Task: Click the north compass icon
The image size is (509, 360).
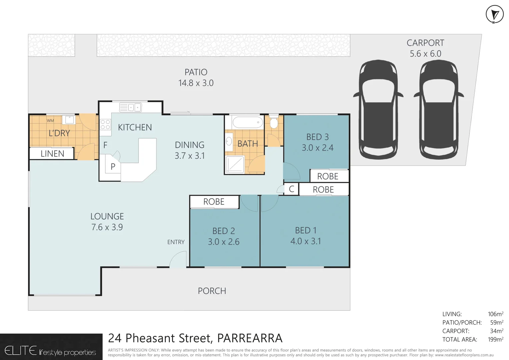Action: [x=494, y=15]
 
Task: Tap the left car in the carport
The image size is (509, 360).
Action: [x=378, y=110]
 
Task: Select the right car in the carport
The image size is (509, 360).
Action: [x=438, y=110]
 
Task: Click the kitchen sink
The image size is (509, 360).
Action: [x=131, y=107]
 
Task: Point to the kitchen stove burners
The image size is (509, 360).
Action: [x=105, y=125]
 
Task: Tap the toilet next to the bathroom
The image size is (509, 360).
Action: [x=274, y=122]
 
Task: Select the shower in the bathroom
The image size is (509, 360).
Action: [x=235, y=164]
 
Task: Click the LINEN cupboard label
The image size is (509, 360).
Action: [x=52, y=154]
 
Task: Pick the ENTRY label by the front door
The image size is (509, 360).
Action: [x=176, y=242]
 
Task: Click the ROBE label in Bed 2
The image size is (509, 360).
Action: [x=214, y=202]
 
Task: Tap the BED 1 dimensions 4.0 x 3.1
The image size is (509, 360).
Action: [x=305, y=241]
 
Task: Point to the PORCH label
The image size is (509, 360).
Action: [x=212, y=291]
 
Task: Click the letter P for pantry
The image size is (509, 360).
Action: [x=113, y=167]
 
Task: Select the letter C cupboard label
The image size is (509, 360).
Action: [x=291, y=189]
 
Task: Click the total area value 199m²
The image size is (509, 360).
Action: [x=495, y=339]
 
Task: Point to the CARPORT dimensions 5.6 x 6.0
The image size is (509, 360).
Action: [x=425, y=54]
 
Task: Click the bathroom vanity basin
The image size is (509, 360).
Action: [x=229, y=141]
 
